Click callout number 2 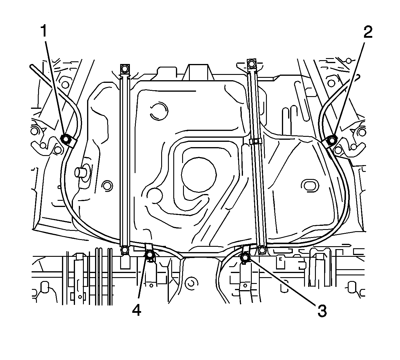pos(367,32)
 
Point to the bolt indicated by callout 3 pos(245,257)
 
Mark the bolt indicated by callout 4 pos(150,254)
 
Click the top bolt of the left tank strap pos(125,68)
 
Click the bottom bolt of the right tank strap pos(261,250)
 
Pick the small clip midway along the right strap pos(255,142)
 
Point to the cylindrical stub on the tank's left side pos(81,172)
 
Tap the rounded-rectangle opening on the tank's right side pos(309,185)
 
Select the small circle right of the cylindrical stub pos(107,185)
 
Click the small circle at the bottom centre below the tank pos(191,283)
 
